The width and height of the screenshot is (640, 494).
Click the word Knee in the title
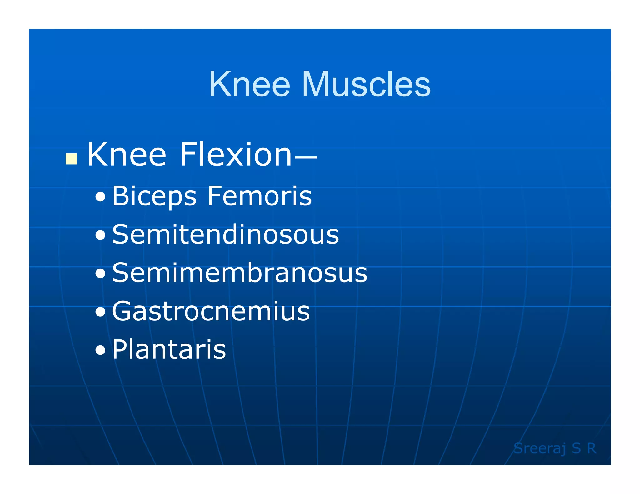(x=249, y=84)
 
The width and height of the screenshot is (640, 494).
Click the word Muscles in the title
(x=366, y=84)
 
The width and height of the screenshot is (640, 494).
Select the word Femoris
(x=259, y=196)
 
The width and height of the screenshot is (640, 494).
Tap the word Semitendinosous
(x=225, y=235)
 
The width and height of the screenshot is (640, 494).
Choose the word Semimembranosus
(x=240, y=273)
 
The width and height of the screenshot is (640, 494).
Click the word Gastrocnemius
(x=211, y=311)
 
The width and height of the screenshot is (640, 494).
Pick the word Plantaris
(x=169, y=349)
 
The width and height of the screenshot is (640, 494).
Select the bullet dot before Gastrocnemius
(x=101, y=312)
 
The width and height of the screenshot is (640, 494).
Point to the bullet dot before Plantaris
(x=101, y=351)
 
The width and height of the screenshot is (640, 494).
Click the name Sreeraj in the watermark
(x=540, y=449)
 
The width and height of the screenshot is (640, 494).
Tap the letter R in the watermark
(x=592, y=448)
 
